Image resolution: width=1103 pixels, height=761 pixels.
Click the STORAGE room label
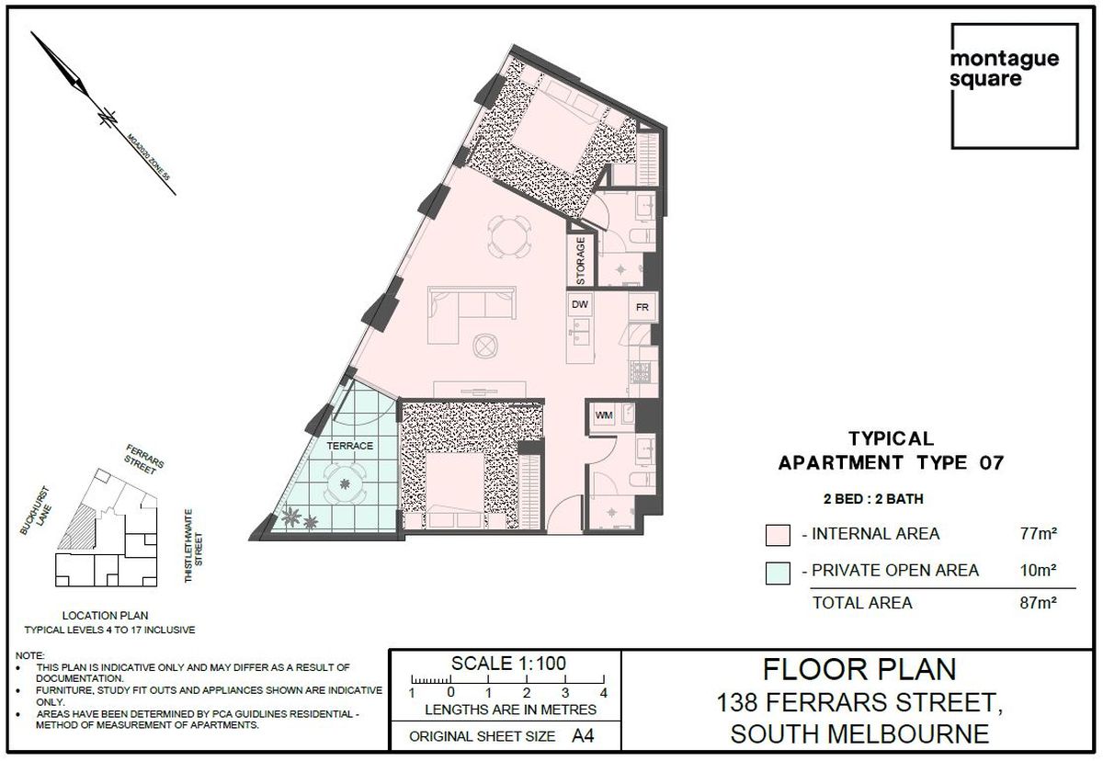[581, 260]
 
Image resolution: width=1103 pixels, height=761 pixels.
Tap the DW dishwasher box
[580, 305]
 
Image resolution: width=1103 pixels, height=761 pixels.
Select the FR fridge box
[642, 307]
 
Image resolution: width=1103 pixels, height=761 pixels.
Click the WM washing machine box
[604, 415]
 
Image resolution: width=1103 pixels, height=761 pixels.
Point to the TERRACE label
[350, 446]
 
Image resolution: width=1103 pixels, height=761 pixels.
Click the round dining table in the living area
[509, 236]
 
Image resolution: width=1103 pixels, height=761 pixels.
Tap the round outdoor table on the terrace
[345, 483]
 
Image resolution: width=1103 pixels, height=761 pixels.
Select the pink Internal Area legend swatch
[778, 535]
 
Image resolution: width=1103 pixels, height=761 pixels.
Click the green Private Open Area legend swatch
[778, 573]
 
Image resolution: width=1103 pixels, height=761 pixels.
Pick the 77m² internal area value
[1039, 534]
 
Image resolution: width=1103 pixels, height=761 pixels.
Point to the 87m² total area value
[1039, 603]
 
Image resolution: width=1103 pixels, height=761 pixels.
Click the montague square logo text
[1004, 69]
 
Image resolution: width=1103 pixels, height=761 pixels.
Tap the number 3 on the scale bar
[565, 693]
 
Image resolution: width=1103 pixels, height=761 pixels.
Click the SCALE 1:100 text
[508, 664]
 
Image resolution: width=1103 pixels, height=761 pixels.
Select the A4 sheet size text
[583, 736]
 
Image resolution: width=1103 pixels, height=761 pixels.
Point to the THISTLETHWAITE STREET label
[194, 546]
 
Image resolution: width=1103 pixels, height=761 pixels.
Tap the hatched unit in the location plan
[77, 528]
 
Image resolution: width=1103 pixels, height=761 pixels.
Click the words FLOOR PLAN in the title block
[859, 669]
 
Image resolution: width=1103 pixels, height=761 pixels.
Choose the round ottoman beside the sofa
[485, 346]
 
